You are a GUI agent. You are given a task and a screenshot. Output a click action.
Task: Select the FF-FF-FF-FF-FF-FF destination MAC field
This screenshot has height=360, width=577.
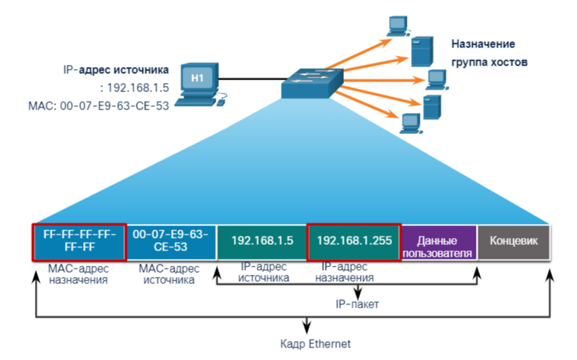point(79,241)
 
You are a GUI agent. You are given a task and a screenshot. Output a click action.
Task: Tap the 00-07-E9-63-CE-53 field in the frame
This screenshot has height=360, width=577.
point(170,241)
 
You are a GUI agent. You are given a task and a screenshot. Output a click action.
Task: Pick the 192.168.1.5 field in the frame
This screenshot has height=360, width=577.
point(262,241)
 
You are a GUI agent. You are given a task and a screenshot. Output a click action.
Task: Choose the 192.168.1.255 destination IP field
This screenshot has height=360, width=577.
point(354,241)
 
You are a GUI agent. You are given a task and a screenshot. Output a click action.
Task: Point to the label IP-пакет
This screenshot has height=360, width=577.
point(357,304)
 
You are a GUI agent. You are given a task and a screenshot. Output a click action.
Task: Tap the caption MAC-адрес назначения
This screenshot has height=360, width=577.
point(78,273)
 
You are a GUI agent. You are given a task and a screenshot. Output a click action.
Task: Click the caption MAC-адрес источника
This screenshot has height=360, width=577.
point(170,273)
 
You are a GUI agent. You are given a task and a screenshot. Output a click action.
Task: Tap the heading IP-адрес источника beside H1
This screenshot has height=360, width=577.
point(115,70)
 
